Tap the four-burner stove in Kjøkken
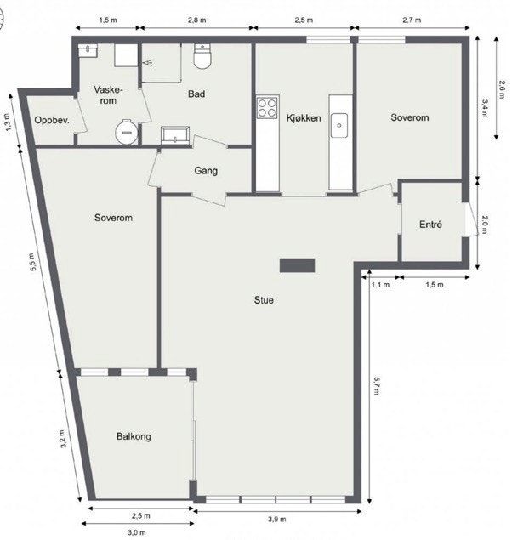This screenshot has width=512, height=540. [x=267, y=108]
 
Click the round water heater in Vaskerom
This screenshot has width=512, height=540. [x=126, y=132]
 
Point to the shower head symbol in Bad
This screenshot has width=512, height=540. [x=150, y=62]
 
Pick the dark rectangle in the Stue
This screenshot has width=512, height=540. [x=298, y=264]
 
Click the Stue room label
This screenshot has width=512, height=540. [x=264, y=299]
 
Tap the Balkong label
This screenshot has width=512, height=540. [x=134, y=436]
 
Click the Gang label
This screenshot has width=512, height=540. [x=206, y=171]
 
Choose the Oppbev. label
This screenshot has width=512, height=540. [x=51, y=121]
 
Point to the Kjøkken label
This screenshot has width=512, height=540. [x=304, y=118]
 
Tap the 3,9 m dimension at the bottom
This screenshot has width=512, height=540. [x=277, y=519]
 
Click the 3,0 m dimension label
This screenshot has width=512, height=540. [x=137, y=532]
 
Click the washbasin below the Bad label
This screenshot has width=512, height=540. [x=176, y=134]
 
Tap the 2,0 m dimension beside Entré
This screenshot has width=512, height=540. [x=485, y=225]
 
